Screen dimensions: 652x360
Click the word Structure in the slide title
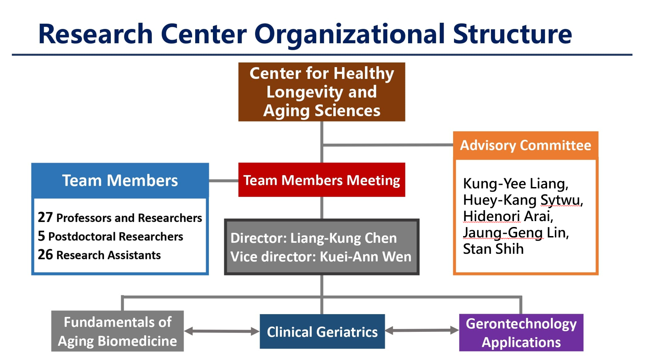click(x=512, y=34)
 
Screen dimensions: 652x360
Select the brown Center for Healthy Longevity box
click(x=321, y=92)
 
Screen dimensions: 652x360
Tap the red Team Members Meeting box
click(x=321, y=180)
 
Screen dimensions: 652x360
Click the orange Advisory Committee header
click(x=526, y=145)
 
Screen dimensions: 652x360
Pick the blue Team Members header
click(x=120, y=180)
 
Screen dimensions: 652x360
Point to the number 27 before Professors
click(x=45, y=217)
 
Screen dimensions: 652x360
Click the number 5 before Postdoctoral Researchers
click(x=41, y=236)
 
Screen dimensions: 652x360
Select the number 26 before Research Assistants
click(x=45, y=255)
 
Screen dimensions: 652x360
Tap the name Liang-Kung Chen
click(x=343, y=238)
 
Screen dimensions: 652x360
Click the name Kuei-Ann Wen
click(x=366, y=256)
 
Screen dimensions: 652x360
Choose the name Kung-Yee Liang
click(x=515, y=184)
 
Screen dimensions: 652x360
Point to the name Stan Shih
click(x=493, y=249)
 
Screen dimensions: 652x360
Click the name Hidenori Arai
click(x=508, y=217)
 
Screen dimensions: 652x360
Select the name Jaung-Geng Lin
click(x=515, y=233)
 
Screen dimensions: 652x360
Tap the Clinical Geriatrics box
click(x=322, y=331)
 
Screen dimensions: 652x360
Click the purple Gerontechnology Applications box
click(x=521, y=333)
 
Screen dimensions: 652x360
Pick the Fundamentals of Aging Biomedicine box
click(x=118, y=331)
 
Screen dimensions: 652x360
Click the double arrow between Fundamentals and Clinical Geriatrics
click(x=222, y=331)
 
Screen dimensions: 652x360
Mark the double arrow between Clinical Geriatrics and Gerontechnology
click(x=422, y=330)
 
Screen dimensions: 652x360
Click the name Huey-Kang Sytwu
click(x=523, y=200)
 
